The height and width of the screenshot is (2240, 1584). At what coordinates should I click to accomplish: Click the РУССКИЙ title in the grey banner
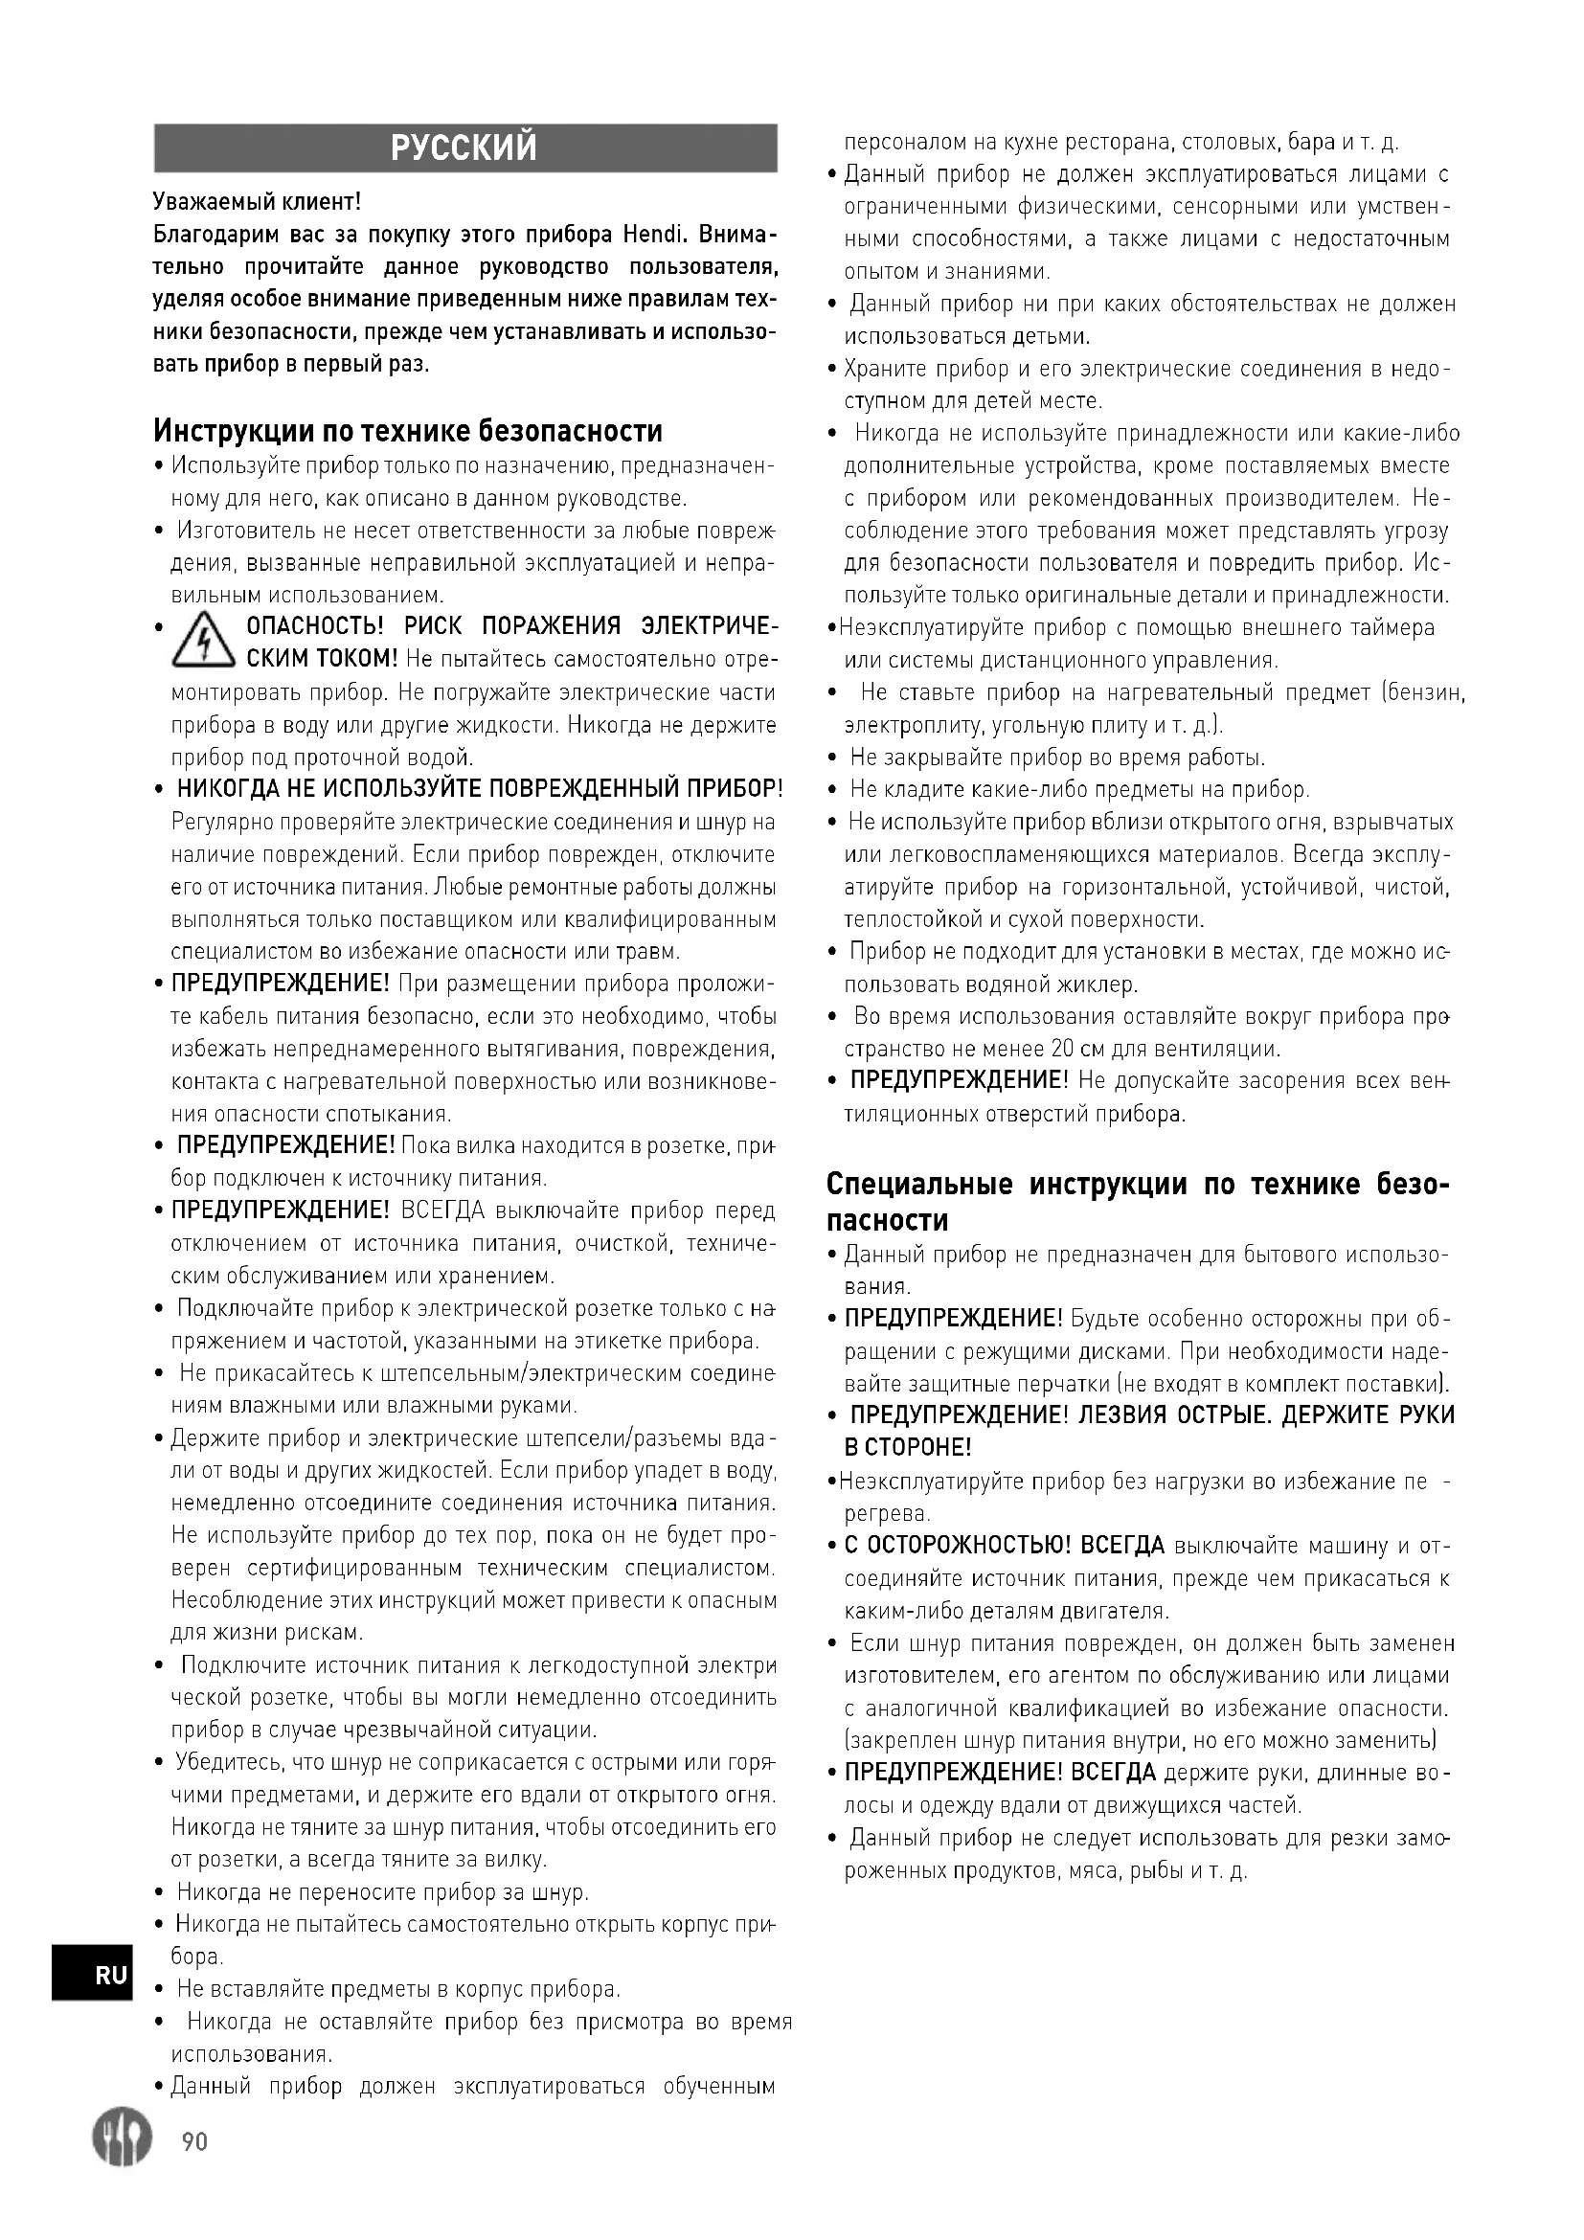464,148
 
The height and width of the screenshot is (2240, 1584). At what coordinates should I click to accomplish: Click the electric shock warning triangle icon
204,642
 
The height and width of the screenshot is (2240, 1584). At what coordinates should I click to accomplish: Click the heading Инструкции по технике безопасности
408,430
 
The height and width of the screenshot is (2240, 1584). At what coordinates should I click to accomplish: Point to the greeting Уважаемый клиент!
257,202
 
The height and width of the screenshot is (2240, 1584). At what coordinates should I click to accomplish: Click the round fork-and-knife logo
123,2138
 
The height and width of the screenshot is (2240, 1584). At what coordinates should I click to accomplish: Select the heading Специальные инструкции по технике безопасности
1138,1202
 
